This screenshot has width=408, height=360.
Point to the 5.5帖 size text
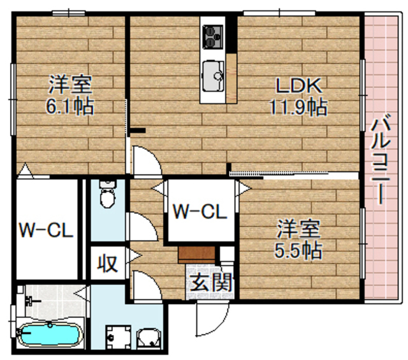coord(298,250)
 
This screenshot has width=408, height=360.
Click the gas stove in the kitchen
coord(212,36)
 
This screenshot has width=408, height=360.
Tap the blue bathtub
coord(47,334)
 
